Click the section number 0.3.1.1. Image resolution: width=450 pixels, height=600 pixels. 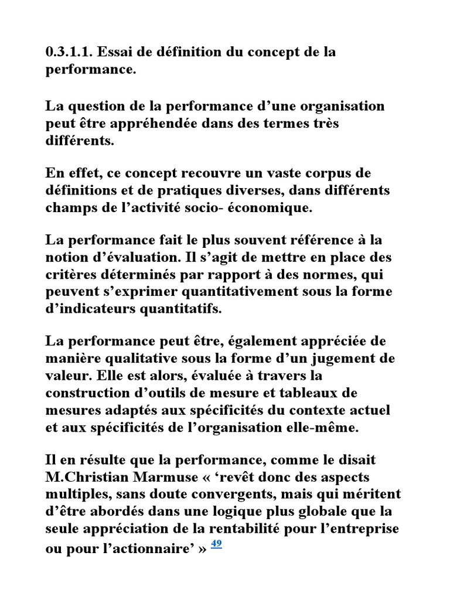(x=68, y=52)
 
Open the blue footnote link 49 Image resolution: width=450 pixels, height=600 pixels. (x=216, y=543)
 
